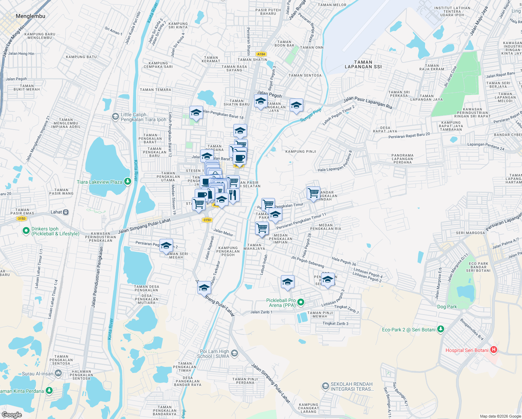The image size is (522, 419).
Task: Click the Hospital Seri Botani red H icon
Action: tap(493, 350)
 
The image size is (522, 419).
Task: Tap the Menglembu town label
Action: tap(30, 16)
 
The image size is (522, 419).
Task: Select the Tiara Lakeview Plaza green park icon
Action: tap(127, 182)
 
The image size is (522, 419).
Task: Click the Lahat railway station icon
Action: tap(66, 212)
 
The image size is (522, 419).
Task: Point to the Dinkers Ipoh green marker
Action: tap(26, 231)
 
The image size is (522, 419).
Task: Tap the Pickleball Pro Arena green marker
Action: tap(301, 302)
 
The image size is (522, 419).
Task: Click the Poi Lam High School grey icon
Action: tap(234, 353)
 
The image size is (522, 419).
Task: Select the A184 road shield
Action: tap(261, 54)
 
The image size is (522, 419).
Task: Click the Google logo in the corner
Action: tap(12, 415)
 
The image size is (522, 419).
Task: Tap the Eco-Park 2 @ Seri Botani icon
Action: tap(441, 329)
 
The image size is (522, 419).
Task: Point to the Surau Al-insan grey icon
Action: tap(58, 374)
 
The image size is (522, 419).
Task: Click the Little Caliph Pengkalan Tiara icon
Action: tap(115, 117)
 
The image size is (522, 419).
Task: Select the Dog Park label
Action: tap(447, 307)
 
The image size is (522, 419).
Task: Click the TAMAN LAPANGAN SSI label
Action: tap(363, 64)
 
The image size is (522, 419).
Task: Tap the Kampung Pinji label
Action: tap(300, 152)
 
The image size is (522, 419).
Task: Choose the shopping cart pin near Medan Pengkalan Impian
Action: tap(262, 229)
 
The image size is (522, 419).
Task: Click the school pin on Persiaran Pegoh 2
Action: tap(166, 245)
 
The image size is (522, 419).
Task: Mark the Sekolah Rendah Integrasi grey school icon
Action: tap(325, 386)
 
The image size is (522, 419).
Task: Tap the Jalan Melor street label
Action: tap(223, 233)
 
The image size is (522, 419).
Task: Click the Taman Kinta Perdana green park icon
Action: tap(49, 390)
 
